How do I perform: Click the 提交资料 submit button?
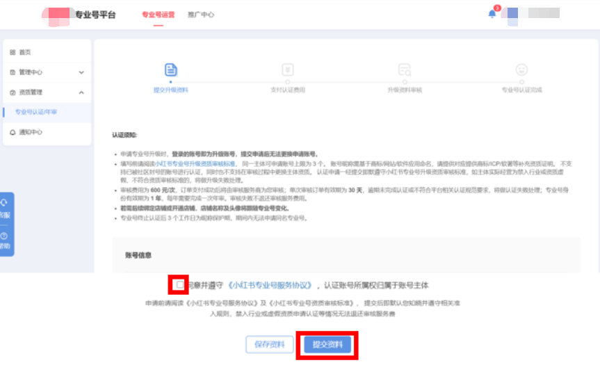click(327, 344)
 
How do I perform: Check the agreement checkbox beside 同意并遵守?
click(180, 285)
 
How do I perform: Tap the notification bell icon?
click(492, 14)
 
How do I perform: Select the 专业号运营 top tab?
click(158, 15)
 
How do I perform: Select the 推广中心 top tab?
click(201, 15)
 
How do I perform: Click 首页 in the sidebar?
click(24, 52)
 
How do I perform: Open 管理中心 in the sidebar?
click(31, 72)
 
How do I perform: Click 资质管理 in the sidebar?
click(31, 92)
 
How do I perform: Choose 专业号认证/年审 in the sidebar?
click(36, 112)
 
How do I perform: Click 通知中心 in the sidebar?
click(31, 132)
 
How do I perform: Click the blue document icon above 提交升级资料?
click(171, 70)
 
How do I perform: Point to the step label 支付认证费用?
click(288, 90)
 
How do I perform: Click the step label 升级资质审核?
click(405, 90)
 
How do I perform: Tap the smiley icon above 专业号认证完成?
click(521, 70)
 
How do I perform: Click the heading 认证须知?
click(125, 135)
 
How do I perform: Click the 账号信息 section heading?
click(139, 254)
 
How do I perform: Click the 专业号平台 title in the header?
click(96, 15)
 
